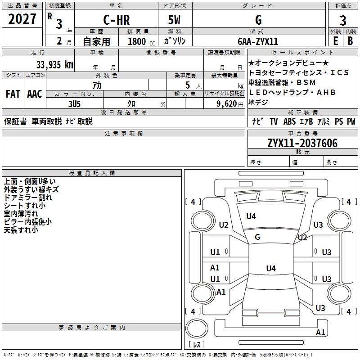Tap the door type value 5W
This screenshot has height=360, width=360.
(174, 20)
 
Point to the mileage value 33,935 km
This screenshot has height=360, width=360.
(54, 64)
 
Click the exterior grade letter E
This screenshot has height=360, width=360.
(335, 40)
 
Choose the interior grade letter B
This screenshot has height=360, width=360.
(351, 40)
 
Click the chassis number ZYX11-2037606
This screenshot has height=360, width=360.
(302, 143)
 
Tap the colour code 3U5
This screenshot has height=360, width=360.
(75, 103)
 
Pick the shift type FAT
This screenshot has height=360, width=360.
(13, 94)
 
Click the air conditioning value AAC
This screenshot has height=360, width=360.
(35, 94)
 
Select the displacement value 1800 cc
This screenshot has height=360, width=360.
(139, 41)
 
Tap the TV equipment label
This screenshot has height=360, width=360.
(274, 121)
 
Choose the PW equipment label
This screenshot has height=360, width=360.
(351, 121)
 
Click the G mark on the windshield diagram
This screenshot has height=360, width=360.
(257, 237)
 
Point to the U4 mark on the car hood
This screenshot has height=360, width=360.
(251, 216)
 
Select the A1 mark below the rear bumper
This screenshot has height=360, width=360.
(320, 333)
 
